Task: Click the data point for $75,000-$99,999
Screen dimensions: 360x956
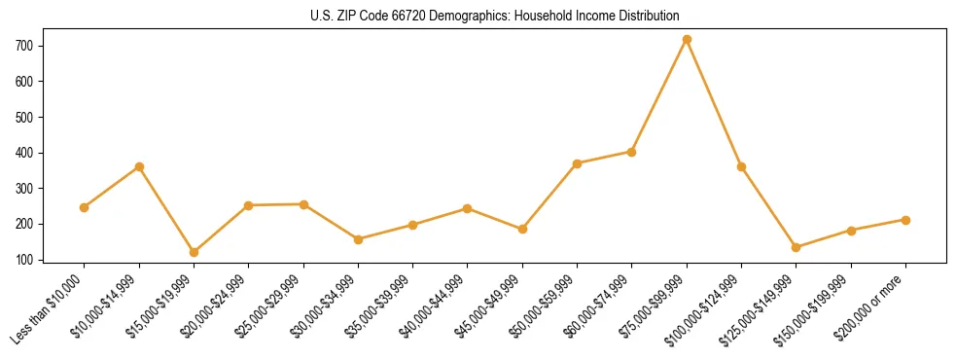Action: click(687, 40)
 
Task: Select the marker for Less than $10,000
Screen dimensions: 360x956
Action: click(85, 207)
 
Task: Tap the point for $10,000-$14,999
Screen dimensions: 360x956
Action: click(139, 166)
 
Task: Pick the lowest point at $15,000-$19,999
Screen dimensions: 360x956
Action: click(194, 252)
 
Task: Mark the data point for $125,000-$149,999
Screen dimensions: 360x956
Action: click(797, 247)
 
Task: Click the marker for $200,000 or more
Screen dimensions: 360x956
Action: click(905, 220)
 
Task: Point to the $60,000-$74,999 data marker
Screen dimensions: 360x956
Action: click(632, 152)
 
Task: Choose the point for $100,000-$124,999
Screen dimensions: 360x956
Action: click(741, 166)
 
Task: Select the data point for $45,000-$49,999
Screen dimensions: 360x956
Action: click(522, 230)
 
